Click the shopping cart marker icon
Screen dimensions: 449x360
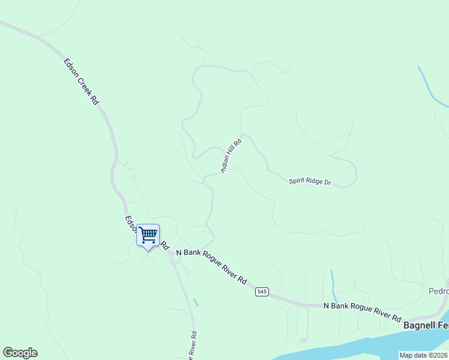click(x=148, y=234)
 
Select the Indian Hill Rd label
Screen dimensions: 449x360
click(x=231, y=156)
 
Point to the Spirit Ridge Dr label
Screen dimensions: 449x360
click(x=310, y=180)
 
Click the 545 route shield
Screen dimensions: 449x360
click(x=261, y=292)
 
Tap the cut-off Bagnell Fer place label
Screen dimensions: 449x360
click(x=426, y=325)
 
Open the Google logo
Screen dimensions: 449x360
click(x=20, y=353)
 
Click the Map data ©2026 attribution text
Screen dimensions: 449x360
click(x=423, y=355)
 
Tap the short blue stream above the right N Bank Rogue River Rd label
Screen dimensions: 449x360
click(x=334, y=286)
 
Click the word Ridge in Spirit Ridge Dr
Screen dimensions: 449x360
click(x=313, y=181)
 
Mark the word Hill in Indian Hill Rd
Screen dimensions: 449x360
click(x=232, y=154)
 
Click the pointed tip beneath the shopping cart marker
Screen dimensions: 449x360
click(x=148, y=248)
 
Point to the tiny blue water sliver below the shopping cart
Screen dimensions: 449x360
click(x=196, y=302)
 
